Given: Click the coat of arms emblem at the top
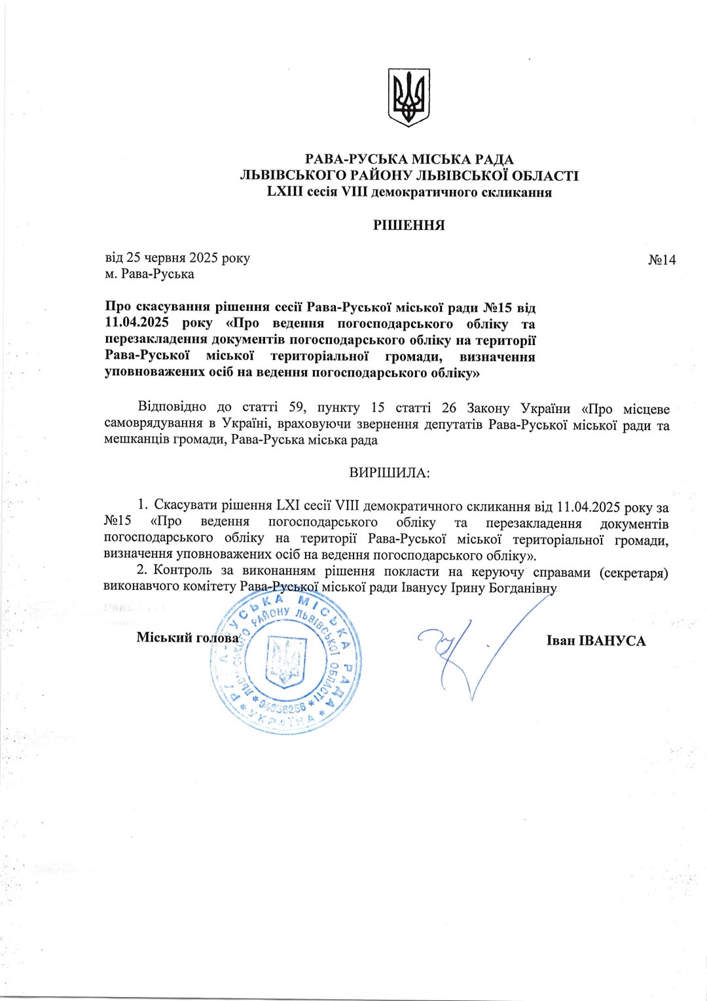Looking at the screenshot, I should pos(408,97).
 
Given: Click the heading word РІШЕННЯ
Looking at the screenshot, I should pos(408,225).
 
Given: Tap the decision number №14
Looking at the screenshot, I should pos(662,260).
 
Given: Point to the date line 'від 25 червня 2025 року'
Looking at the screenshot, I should pos(177,258).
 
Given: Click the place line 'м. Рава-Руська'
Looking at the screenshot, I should pos(149,274).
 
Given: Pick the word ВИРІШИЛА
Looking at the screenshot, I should pos(390,473).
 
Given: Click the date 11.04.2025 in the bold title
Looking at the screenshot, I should pos(137,323).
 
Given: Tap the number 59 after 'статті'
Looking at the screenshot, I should pos(297,408).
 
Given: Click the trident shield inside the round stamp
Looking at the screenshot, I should pos(286,661).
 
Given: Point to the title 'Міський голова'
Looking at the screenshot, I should pos(187,638).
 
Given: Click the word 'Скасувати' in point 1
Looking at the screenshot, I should pos(185,505).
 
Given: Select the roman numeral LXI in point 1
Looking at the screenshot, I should pos(288,505).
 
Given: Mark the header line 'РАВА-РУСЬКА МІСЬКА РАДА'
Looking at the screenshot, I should pos(409,159).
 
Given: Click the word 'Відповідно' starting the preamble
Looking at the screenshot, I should pos(172,407).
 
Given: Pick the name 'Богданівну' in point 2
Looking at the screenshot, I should pos(523,587).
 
